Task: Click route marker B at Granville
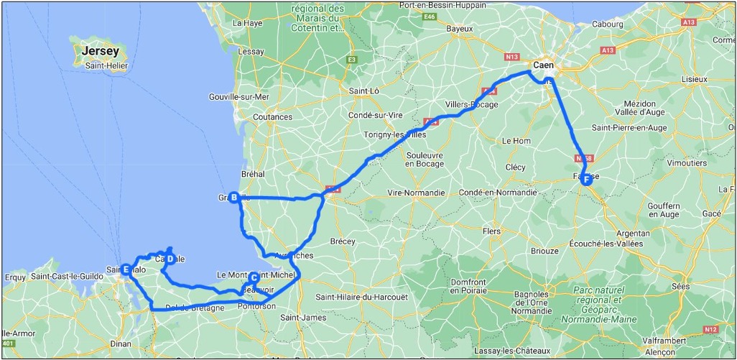pos(233,198)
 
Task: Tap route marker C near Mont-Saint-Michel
pos(254,277)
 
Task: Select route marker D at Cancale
pos(170,259)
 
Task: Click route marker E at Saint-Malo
pos(126,269)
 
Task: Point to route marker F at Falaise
pos(586,180)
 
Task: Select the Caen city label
pos(546,64)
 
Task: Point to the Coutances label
pos(273,117)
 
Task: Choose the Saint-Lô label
pos(363,91)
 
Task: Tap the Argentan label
pos(631,234)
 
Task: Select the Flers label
pos(492,231)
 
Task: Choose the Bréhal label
pos(254,174)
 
